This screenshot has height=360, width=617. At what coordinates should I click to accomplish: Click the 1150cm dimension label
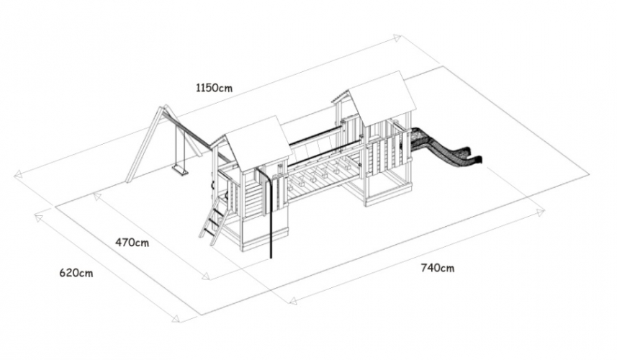(214, 87)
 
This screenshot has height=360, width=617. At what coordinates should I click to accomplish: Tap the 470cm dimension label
(132, 243)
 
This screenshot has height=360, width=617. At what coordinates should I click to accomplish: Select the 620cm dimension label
(76, 273)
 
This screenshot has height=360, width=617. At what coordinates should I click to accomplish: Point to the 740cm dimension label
(438, 268)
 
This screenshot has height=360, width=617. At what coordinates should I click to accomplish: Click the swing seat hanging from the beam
(179, 170)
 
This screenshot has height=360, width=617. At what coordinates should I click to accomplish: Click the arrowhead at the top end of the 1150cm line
(397, 37)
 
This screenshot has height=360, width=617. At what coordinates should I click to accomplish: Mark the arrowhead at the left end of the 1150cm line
(18, 176)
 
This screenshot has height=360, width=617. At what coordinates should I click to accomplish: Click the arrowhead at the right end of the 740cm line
(541, 212)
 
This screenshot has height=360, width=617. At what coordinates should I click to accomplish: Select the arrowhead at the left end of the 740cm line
(292, 301)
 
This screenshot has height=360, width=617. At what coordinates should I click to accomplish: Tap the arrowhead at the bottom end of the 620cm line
(176, 318)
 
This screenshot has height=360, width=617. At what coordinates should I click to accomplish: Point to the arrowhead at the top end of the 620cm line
(39, 217)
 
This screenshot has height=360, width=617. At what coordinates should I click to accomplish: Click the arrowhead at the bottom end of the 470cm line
(206, 276)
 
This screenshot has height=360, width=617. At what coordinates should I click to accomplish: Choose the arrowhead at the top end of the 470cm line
(96, 196)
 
